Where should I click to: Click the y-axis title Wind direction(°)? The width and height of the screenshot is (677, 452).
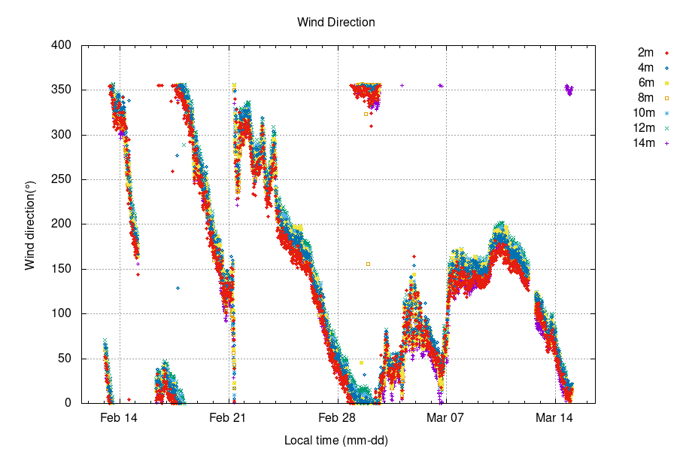[x=31, y=224]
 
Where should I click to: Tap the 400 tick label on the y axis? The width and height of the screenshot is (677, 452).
[x=61, y=45]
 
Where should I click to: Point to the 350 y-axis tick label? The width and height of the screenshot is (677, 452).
[x=61, y=90]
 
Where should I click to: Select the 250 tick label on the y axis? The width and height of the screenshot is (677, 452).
[x=61, y=179]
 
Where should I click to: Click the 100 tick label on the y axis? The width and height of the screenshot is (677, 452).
[x=61, y=313]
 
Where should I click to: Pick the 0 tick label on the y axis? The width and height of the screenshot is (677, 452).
[x=68, y=403]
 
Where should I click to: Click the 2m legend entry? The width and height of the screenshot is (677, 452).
[x=645, y=53]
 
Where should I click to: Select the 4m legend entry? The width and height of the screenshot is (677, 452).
[x=645, y=68]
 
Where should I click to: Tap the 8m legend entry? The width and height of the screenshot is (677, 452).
[x=645, y=98]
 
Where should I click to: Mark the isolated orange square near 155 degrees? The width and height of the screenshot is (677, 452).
[x=368, y=264]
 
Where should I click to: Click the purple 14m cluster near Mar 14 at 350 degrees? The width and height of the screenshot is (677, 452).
[x=569, y=90]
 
